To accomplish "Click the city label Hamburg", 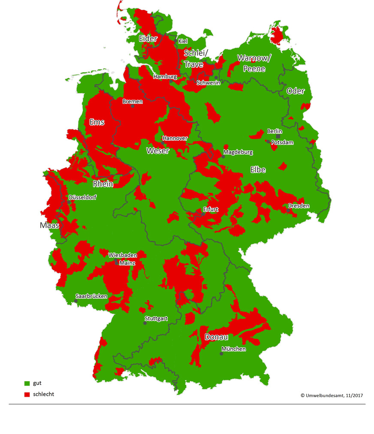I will [x=165, y=77].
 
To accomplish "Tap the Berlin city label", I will [x=274, y=131].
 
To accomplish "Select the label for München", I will [x=234, y=349].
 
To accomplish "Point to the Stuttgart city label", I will [x=156, y=319].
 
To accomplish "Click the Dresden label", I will [x=299, y=206].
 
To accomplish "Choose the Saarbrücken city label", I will [x=91, y=296].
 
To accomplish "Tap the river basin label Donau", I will [x=216, y=337].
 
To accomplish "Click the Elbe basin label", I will [x=258, y=170].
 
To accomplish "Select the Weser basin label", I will [x=157, y=151].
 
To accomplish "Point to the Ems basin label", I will [x=97, y=122].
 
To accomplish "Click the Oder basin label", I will [x=296, y=91].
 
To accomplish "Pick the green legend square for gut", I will [x=27, y=383].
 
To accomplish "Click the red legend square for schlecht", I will [x=27, y=394].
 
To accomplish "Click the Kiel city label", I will [x=183, y=41].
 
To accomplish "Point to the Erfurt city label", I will [x=211, y=210].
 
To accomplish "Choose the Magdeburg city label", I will [x=238, y=152].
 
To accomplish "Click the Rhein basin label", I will [x=103, y=184].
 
